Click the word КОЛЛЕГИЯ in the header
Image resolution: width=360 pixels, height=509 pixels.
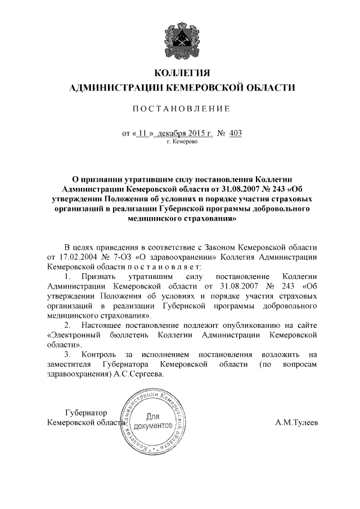click(180, 73)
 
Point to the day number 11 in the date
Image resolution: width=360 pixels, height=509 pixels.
click(142, 133)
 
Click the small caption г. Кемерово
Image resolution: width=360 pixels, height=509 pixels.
click(182, 143)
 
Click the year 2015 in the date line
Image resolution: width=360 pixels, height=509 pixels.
click(192, 133)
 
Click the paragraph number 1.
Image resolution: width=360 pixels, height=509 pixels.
click(67, 277)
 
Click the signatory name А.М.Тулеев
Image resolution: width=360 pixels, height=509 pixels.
click(296, 422)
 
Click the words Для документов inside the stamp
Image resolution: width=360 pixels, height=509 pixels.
click(152, 421)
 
